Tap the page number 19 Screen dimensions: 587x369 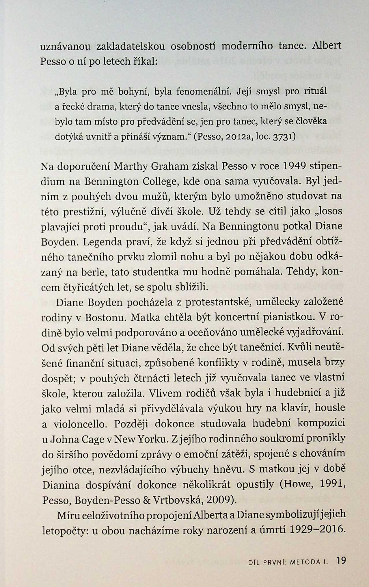pos(341,560)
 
